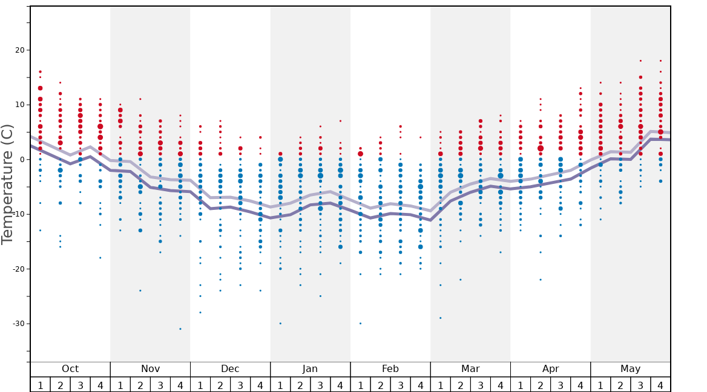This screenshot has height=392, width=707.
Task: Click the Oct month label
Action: (x=70, y=369)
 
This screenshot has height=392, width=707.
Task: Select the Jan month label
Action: (x=310, y=369)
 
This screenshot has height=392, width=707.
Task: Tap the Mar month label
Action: (x=470, y=369)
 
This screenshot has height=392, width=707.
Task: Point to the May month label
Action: (x=630, y=369)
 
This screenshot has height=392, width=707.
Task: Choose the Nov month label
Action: (x=150, y=369)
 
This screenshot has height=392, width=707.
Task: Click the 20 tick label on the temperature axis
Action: (x=18, y=50)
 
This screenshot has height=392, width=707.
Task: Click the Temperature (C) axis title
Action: (x=7, y=184)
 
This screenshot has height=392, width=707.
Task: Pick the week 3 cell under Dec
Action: (x=240, y=385)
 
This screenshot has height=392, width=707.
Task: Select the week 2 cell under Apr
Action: (x=541, y=385)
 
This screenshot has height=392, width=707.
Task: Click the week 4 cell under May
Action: (x=660, y=385)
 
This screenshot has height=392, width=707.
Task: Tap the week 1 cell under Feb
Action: (x=360, y=385)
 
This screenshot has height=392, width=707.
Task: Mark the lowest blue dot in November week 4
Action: (x=180, y=328)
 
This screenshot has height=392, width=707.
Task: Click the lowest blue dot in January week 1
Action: (x=280, y=323)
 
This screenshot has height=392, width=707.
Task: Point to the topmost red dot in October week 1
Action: (x=40, y=72)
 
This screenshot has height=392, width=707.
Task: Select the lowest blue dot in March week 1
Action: (x=440, y=318)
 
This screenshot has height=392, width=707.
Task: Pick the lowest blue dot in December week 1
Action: (x=200, y=312)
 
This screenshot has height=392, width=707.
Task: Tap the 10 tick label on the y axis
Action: (x=18, y=105)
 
